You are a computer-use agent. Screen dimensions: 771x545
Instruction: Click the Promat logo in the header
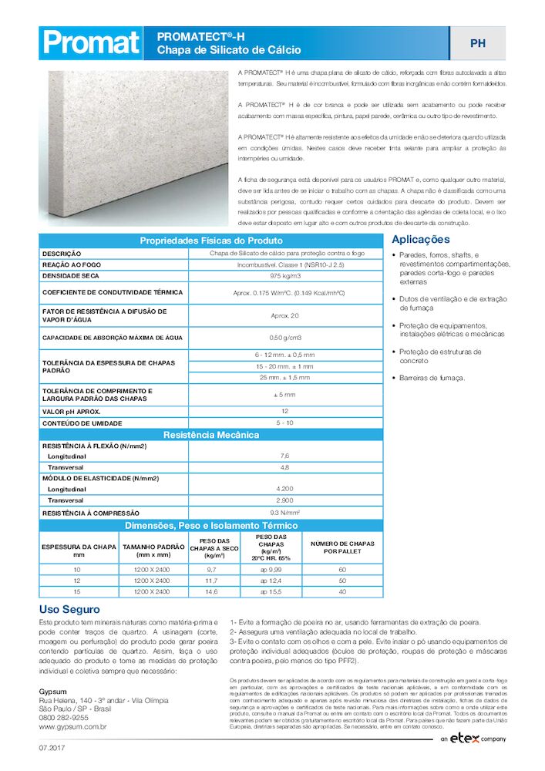91,43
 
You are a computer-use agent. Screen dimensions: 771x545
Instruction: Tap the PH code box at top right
477,43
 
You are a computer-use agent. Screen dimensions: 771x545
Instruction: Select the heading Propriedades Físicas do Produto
210,241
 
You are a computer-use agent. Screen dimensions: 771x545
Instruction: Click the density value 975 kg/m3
285,275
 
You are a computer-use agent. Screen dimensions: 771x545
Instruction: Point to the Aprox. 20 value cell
285,315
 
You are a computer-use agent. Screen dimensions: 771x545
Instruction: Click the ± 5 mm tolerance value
285,395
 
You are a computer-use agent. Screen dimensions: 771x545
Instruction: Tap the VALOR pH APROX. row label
74,412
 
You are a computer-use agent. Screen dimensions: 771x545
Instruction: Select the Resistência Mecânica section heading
210,435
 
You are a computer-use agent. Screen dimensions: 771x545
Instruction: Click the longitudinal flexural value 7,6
285,456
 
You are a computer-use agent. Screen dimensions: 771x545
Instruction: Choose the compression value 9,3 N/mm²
285,512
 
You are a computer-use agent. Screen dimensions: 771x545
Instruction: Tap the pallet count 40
342,591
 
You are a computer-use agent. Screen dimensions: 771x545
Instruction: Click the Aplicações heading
421,240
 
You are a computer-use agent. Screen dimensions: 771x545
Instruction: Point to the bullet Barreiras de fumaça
432,378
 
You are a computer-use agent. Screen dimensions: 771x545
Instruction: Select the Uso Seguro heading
69,609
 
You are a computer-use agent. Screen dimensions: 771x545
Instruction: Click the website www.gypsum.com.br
72,726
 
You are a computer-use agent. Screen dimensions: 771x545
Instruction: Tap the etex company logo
473,739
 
